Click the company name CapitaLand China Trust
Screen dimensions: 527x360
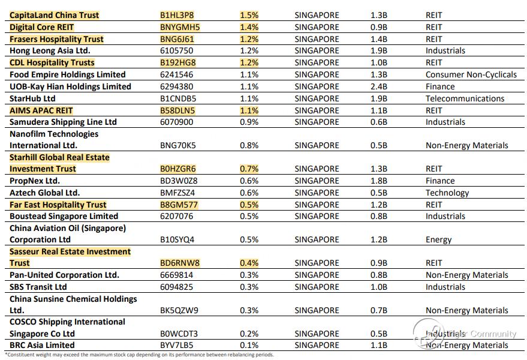coord(54,15)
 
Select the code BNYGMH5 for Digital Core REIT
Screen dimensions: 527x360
coord(180,27)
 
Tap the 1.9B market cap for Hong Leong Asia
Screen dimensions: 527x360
coord(379,51)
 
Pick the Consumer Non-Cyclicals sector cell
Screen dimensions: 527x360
coord(471,74)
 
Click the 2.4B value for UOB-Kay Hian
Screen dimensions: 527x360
coord(379,87)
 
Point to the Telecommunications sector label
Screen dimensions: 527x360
coord(465,98)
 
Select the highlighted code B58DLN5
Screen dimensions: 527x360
coord(177,110)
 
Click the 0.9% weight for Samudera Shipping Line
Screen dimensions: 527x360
coord(249,122)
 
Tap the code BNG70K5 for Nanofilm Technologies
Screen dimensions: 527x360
coord(178,146)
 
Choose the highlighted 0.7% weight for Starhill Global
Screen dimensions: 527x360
coord(249,169)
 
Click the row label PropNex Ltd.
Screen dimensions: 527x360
coord(35,181)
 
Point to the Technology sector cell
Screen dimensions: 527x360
coord(447,193)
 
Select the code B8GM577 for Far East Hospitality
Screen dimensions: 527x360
coord(179,205)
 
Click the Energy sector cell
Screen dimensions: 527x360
coord(439,240)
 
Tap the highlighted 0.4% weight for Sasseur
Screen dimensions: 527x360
coord(249,263)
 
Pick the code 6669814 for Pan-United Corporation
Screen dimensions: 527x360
coord(176,275)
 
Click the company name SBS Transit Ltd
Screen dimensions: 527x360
coord(38,287)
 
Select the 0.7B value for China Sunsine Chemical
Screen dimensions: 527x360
coord(379,311)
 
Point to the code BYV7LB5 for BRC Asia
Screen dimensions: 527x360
coord(176,345)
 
